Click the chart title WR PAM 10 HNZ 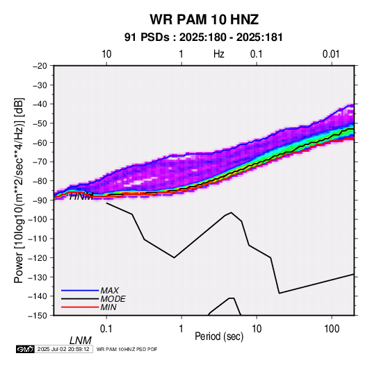point(204,19)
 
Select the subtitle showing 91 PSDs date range point(204,37)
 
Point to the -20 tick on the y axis point(40,66)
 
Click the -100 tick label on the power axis point(38,219)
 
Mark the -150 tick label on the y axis point(38,316)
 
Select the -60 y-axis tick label point(40,142)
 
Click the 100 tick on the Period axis point(332,329)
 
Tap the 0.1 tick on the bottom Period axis point(106,329)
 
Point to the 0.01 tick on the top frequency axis point(331,54)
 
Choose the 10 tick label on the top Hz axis point(106,54)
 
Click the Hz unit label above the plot point(219,54)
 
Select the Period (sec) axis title point(219,336)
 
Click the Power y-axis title point(19,190)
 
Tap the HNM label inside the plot point(81,196)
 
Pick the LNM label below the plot point(81,341)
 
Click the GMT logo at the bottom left point(26,349)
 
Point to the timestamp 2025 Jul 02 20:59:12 point(63,349)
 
